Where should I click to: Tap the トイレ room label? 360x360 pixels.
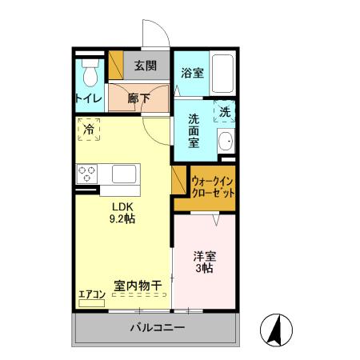click(88, 98)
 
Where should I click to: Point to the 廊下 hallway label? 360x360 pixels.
click(139, 99)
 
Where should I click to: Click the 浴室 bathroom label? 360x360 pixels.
click(192, 72)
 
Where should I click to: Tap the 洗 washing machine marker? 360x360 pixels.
click(226, 113)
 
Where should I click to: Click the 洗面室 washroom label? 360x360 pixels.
click(194, 131)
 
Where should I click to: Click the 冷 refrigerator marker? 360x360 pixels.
click(89, 128)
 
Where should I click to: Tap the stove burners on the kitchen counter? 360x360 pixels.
click(86, 173)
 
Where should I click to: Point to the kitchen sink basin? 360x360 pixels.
click(125, 173)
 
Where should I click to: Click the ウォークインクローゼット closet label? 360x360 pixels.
click(213, 187)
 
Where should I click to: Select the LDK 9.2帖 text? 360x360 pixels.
click(122, 211)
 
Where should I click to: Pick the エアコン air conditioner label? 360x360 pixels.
click(92, 294)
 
